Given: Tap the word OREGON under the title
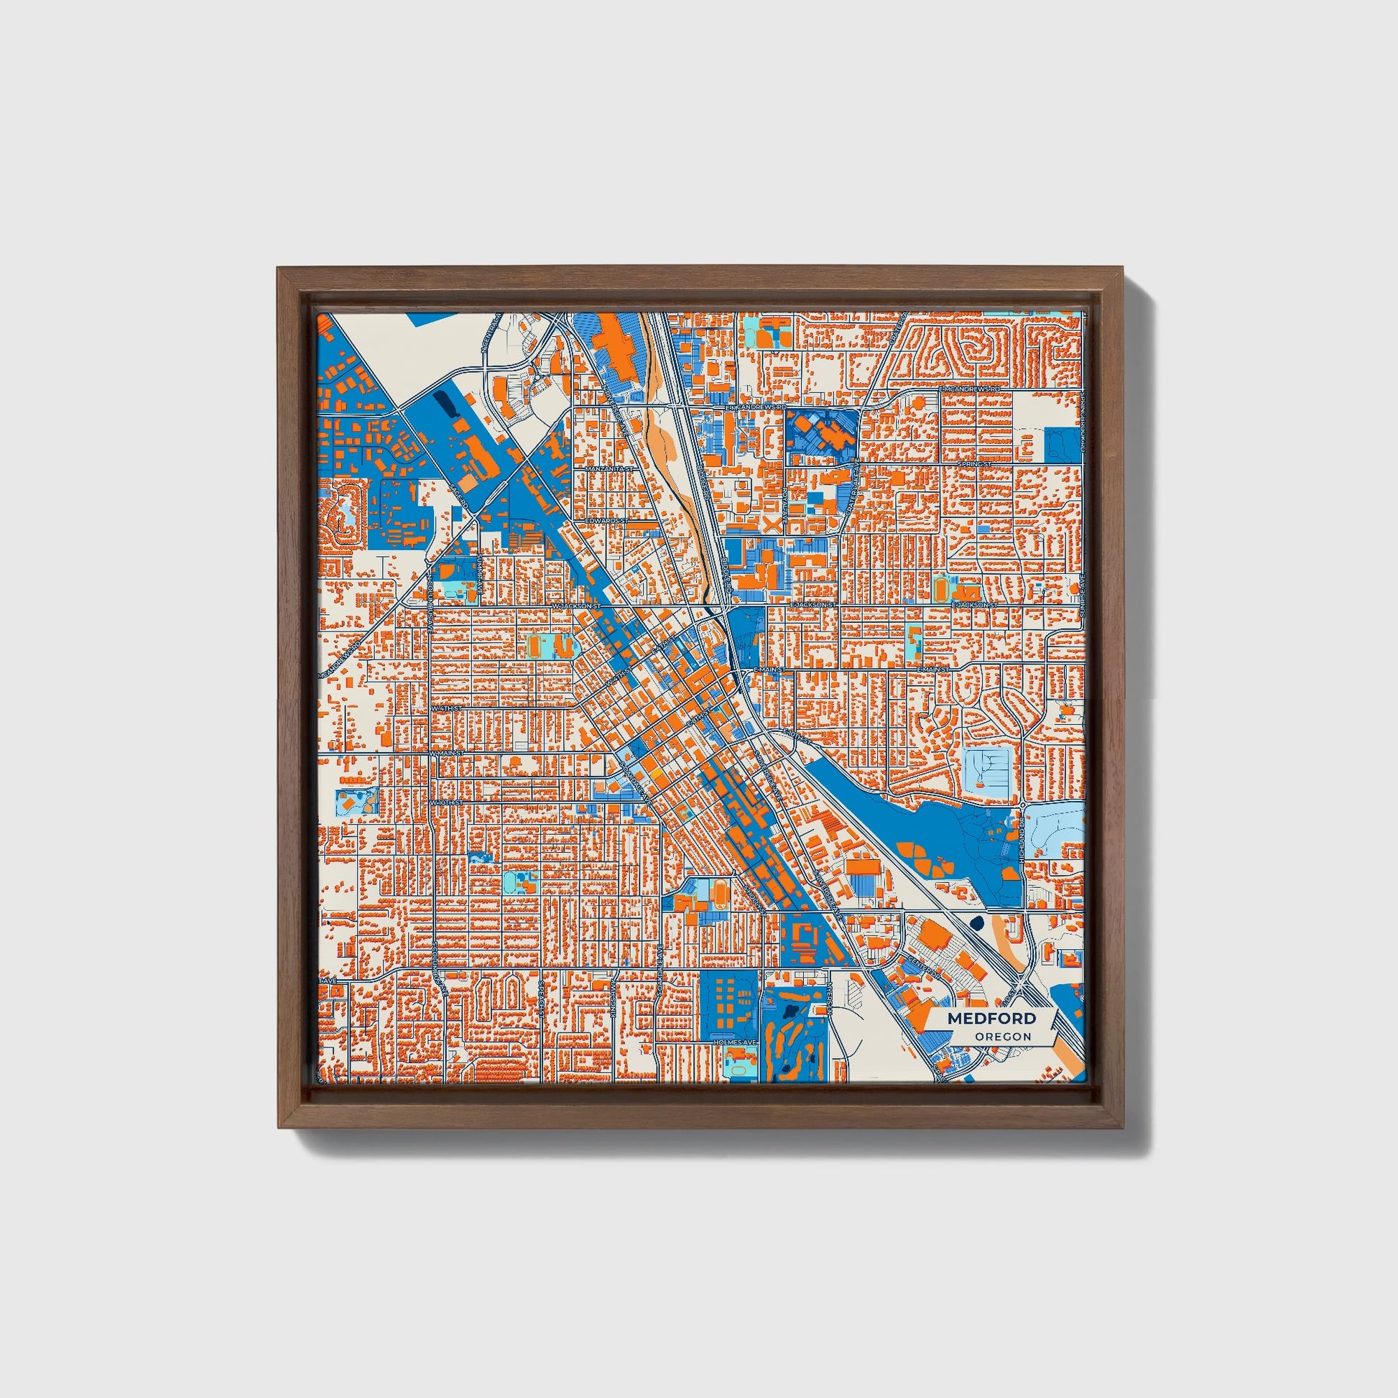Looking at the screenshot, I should click(1003, 1037).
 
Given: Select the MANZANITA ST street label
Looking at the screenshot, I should click(609, 469).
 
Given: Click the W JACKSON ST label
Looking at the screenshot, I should click(577, 605).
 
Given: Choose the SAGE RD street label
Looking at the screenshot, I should click(458, 497).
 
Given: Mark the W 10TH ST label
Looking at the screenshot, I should click(445, 803).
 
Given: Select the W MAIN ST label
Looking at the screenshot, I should click(445, 754).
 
